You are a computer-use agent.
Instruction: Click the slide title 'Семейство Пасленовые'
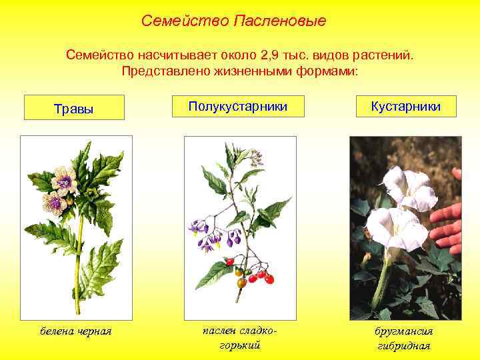[233, 21]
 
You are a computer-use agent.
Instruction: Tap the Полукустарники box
[237, 106]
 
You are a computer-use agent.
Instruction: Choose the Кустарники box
[405, 106]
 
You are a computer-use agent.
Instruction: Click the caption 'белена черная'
[75, 331]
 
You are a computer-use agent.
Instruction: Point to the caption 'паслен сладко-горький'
[239, 337]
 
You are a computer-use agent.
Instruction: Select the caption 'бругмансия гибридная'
[404, 337]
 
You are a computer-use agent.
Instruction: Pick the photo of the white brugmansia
[405, 227]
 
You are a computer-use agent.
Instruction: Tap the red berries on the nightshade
[257, 274]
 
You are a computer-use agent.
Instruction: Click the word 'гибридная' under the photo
[404, 345]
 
